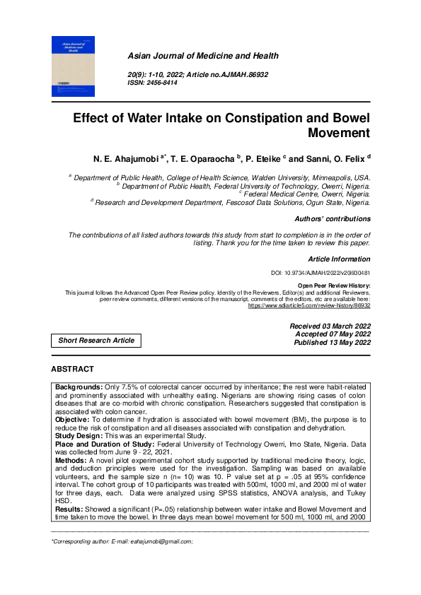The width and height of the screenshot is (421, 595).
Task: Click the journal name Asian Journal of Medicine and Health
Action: [x=202, y=56]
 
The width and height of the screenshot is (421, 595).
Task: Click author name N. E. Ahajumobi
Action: [x=123, y=157]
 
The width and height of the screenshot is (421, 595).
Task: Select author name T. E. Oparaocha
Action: [x=203, y=157]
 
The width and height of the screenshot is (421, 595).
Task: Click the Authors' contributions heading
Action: [x=332, y=219]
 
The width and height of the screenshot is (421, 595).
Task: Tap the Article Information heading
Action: [x=339, y=259]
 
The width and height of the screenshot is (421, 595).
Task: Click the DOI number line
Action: [x=321, y=273]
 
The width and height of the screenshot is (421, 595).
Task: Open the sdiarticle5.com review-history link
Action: [x=308, y=307]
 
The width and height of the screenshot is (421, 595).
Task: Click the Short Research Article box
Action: [x=96, y=340]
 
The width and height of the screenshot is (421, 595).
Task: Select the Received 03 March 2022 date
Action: [x=330, y=326]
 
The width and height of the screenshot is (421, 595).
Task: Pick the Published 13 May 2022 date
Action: [x=332, y=343]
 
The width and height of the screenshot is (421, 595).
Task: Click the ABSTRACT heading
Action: [x=72, y=369]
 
